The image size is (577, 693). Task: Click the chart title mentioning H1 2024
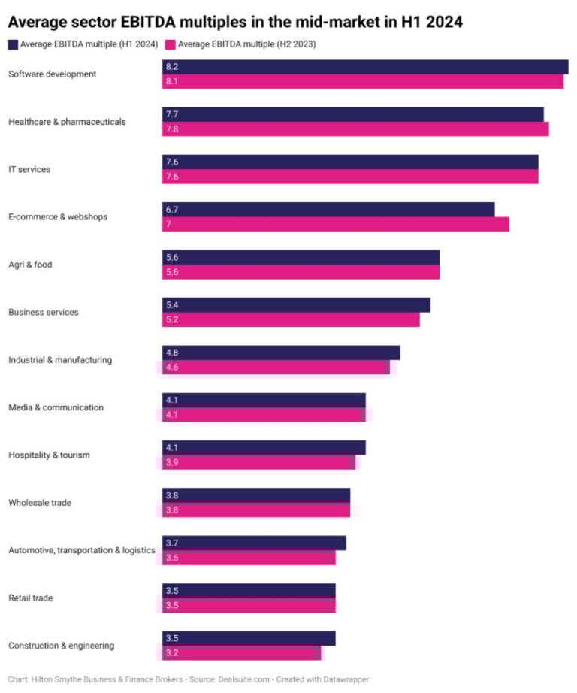(x=234, y=22)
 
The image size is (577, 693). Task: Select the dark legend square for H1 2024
(x=13, y=44)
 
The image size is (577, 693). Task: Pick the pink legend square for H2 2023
(x=170, y=44)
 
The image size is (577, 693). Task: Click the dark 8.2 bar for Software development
(x=365, y=67)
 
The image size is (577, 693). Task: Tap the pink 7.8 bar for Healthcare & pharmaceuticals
(x=355, y=129)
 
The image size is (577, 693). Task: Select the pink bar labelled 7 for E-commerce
(x=336, y=225)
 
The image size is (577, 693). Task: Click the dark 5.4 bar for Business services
(x=296, y=305)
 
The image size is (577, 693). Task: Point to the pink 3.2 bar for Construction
(x=241, y=653)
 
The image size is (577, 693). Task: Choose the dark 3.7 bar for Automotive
(x=254, y=543)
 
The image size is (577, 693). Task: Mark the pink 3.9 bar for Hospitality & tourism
(x=258, y=462)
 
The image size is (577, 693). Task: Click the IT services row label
(x=29, y=170)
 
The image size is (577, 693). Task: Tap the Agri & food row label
(x=30, y=265)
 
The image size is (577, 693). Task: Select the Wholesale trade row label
(x=40, y=503)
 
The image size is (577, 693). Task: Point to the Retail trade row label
(x=31, y=598)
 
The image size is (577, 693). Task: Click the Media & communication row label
(x=56, y=407)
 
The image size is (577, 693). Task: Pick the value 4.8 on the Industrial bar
(x=172, y=353)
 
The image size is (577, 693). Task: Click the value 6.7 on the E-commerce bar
(x=172, y=210)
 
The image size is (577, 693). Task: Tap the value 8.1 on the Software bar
(x=172, y=81)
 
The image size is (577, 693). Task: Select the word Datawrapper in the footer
(x=343, y=679)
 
